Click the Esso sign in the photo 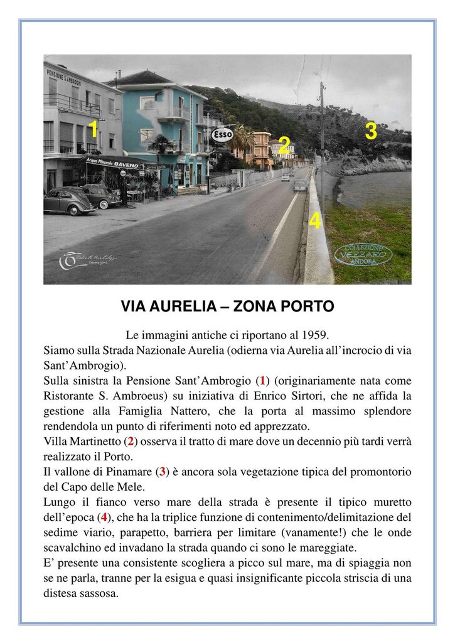222,135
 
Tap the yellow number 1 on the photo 93,129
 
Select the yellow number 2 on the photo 284,146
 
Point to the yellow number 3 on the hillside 371,132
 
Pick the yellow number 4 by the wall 315,221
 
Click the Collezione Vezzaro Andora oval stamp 363,254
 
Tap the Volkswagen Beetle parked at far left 67,201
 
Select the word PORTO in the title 304,307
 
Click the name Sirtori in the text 345,395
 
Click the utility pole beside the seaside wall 322,138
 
